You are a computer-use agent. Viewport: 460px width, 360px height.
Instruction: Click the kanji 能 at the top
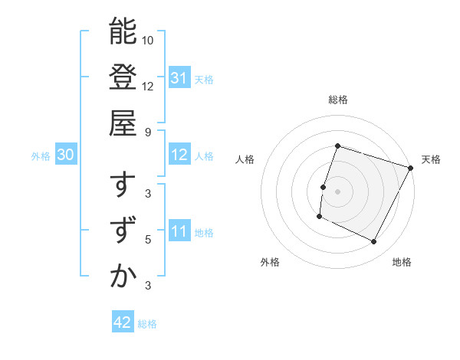[x=123, y=31]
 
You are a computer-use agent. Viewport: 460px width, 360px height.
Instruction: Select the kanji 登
[x=123, y=77]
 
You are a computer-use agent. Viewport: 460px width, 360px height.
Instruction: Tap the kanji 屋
[x=123, y=123]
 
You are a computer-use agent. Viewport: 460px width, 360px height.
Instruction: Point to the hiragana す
[x=123, y=185]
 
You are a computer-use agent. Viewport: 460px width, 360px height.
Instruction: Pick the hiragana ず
[x=123, y=231]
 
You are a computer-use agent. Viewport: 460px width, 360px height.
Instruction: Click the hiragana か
[x=123, y=277]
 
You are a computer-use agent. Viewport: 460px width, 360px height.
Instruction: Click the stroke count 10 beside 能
[x=148, y=40]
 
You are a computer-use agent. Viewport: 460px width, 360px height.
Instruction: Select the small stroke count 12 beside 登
[x=148, y=86]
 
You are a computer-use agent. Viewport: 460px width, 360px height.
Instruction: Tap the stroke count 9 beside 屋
[x=148, y=132]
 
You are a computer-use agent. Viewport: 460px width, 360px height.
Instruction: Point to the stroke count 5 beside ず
[x=148, y=240]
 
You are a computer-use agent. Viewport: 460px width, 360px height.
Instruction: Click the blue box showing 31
[x=179, y=78]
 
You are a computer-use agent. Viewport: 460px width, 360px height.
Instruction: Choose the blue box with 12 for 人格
[x=179, y=155]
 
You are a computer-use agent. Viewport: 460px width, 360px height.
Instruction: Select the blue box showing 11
[x=179, y=231]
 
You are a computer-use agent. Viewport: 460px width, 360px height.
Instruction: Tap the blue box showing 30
[x=65, y=155]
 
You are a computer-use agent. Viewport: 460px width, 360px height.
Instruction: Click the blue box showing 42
[x=122, y=322]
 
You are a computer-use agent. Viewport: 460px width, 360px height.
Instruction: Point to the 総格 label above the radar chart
[x=337, y=100]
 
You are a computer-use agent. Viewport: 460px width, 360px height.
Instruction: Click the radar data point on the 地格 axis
[x=374, y=242]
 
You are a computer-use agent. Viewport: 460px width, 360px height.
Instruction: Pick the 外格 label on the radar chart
[x=270, y=262]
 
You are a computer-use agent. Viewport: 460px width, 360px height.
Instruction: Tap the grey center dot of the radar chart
[x=337, y=191]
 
